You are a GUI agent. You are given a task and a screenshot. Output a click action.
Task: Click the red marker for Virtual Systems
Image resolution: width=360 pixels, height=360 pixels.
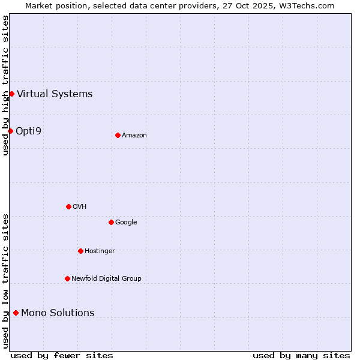(11, 94)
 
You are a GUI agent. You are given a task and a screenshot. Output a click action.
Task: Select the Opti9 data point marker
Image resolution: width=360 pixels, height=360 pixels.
(10, 131)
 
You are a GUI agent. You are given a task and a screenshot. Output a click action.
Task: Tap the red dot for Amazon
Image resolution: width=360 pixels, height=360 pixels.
(118, 135)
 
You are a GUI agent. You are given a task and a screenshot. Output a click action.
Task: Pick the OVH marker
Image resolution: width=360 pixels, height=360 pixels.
(68, 206)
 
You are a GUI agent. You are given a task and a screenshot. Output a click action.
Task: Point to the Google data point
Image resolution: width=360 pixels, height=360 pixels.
(111, 222)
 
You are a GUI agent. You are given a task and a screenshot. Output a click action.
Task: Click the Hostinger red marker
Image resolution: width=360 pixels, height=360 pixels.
(80, 251)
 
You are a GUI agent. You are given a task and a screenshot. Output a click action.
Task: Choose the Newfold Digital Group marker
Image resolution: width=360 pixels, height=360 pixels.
(67, 278)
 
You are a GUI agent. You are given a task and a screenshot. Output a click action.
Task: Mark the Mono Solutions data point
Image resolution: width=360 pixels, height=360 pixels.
(16, 313)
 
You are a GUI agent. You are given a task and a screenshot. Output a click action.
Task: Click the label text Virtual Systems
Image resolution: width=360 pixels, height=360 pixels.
(55, 94)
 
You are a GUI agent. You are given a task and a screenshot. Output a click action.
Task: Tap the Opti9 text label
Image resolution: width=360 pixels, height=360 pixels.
(28, 131)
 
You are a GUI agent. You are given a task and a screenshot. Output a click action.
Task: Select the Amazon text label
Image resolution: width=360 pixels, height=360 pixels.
(134, 135)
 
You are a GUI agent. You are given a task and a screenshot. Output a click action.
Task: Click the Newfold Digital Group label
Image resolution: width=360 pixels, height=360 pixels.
(106, 278)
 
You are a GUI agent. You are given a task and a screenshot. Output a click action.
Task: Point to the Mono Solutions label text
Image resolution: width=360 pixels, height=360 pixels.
(58, 313)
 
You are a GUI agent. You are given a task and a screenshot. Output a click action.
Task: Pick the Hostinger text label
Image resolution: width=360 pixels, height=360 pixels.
(100, 251)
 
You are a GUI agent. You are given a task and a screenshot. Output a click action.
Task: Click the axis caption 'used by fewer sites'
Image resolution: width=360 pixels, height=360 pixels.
(62, 355)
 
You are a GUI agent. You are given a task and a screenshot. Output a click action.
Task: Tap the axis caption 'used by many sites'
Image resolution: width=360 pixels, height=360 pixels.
(301, 355)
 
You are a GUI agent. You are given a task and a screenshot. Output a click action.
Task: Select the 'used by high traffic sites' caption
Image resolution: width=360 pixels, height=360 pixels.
(5, 85)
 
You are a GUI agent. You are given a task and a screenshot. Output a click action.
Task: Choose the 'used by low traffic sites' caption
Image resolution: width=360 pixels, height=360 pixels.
(5, 280)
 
